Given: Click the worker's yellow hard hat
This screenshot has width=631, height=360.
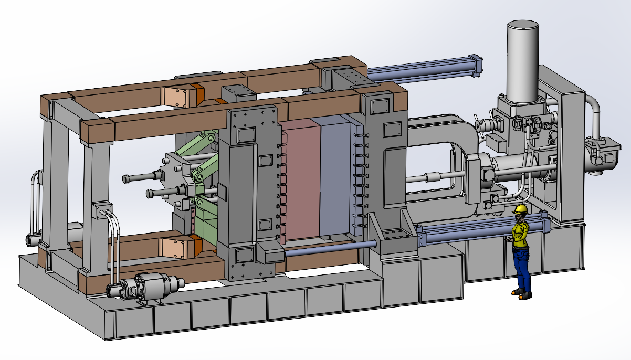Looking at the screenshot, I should [x=520, y=209].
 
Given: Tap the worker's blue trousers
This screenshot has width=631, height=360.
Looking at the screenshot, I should [x=521, y=268].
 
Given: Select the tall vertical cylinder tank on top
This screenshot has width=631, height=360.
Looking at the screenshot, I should [x=522, y=60].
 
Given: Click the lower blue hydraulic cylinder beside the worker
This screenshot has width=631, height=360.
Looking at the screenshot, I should [x=462, y=231].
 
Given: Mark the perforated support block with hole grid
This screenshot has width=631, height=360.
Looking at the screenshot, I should [x=395, y=239].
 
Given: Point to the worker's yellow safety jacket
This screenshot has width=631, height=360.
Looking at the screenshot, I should [x=520, y=234].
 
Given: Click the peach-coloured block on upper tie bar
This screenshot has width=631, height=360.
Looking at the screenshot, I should [x=178, y=97].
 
